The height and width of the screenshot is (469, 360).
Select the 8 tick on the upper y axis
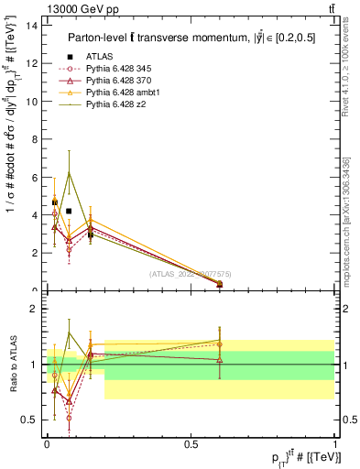point(36,138)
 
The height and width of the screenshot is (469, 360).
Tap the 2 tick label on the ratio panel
point(36,309)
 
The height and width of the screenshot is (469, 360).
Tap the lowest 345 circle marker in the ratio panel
point(69,418)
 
